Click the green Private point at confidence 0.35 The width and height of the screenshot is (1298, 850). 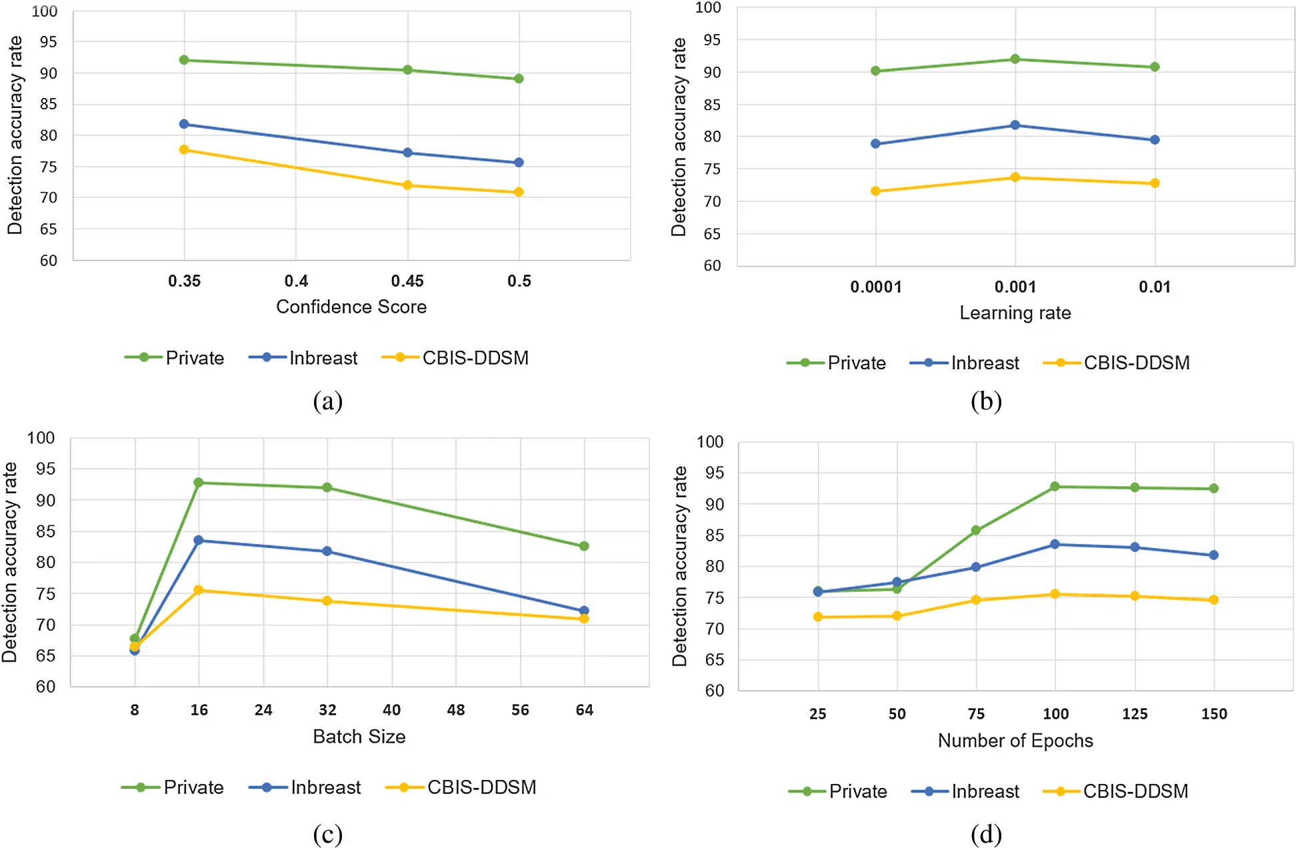pos(184,60)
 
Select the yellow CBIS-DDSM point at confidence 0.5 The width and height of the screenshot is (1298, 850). pos(519,192)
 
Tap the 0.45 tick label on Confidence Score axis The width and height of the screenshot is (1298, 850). pos(407,281)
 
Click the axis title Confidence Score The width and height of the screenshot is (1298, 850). pos(351,307)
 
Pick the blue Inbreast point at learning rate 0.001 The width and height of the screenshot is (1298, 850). pos(1015,125)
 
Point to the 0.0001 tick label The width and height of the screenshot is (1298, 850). pos(875,287)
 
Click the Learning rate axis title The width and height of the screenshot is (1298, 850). pos(1015,313)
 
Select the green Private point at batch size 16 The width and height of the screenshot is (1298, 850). pos(199,482)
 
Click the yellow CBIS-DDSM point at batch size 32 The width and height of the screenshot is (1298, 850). pos(327,601)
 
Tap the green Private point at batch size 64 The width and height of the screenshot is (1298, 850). pos(584,546)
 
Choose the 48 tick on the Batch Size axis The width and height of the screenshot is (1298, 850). pos(456,710)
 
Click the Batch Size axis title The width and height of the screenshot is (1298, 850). pos(359,737)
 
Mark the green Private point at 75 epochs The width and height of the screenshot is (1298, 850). pos(976,530)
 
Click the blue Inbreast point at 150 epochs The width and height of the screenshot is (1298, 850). pos(1213,555)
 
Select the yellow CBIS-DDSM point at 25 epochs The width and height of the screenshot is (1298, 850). pos(818,617)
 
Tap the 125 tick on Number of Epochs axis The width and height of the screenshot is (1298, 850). pos(1135,714)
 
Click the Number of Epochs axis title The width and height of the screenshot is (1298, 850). pos(1015,741)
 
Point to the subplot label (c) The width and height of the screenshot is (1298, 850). pos(327,833)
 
